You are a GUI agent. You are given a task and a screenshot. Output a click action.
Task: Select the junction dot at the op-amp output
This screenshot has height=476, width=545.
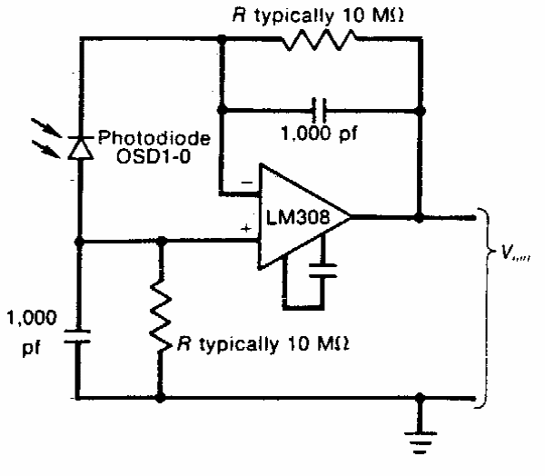coord(420,218)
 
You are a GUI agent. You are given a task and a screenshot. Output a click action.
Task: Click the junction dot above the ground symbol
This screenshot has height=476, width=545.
coord(420,398)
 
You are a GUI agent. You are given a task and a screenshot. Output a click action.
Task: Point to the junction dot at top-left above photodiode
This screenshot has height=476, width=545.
coord(222,39)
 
